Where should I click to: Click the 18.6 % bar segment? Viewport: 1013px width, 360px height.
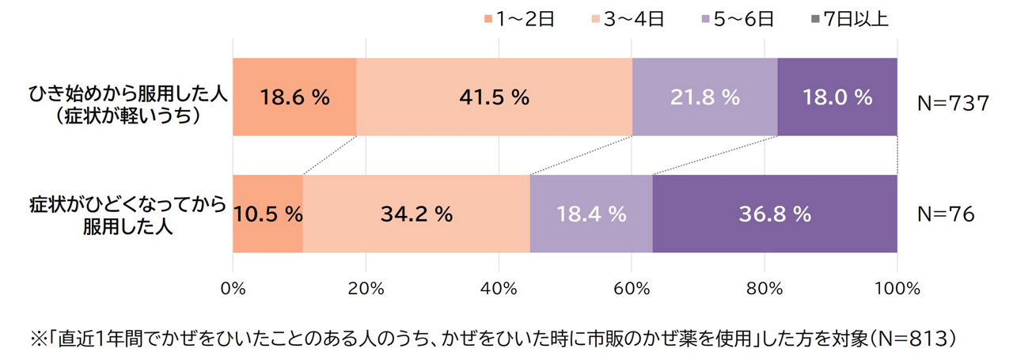point(294,97)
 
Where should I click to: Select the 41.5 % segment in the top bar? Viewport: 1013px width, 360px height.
point(494,97)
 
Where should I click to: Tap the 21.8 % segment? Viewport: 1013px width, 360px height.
point(704,97)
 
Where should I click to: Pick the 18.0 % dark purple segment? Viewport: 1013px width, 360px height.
point(837,97)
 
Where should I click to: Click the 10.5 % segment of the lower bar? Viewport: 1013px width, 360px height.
point(267,214)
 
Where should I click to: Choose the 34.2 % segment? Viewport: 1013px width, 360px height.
point(415,214)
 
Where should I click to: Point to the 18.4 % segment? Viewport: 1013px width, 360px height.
point(590,214)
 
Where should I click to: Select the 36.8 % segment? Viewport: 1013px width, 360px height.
point(774,214)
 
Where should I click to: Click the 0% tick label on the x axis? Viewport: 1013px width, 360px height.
point(233,289)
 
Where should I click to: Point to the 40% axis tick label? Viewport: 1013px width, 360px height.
point(499,289)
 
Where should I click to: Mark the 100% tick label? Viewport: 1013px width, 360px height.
point(897,289)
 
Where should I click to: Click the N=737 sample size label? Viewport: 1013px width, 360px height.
point(953,104)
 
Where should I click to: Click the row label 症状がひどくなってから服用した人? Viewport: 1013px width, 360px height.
point(127,214)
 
